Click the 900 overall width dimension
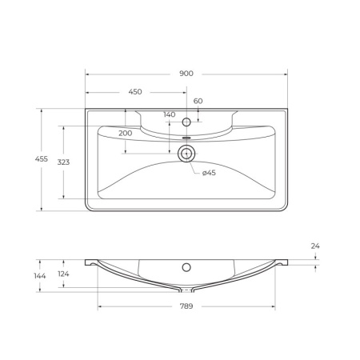click(186, 73)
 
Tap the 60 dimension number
click(198, 101)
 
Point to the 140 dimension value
click(169, 114)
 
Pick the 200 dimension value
click(126, 133)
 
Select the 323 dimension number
click(63, 162)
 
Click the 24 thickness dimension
click(315, 246)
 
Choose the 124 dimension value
click(63, 275)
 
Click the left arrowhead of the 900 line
click(88, 74)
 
